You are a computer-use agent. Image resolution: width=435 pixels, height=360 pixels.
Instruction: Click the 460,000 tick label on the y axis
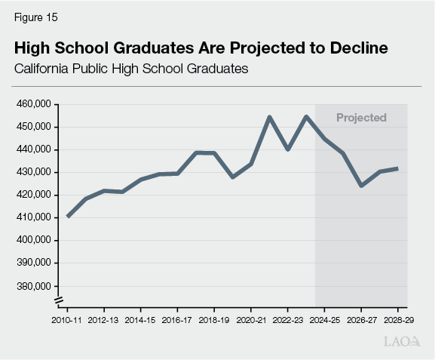33,104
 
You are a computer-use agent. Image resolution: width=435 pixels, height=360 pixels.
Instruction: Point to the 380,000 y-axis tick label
33,286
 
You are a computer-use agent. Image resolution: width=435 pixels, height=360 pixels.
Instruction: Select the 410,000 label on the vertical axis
33,217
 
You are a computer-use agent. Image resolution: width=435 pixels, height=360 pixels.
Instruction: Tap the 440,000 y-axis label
33,149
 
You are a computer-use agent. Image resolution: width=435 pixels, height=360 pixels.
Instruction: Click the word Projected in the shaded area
361,118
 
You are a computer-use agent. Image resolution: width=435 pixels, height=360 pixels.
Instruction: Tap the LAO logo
402,342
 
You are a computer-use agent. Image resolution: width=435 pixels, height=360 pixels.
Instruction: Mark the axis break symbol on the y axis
57,302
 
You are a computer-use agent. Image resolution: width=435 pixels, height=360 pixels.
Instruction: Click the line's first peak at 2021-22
269,117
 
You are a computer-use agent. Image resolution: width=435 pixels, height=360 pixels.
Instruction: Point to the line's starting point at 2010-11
68,217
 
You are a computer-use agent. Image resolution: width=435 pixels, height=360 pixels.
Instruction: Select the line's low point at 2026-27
361,186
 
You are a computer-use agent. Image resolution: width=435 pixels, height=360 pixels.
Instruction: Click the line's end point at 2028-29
397,168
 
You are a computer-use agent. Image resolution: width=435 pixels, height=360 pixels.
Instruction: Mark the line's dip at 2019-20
232,177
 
